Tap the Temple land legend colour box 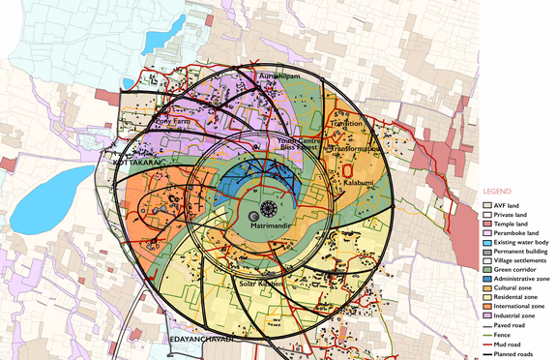(487, 225)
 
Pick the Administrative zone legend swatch (487, 279)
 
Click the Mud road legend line (487, 345)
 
